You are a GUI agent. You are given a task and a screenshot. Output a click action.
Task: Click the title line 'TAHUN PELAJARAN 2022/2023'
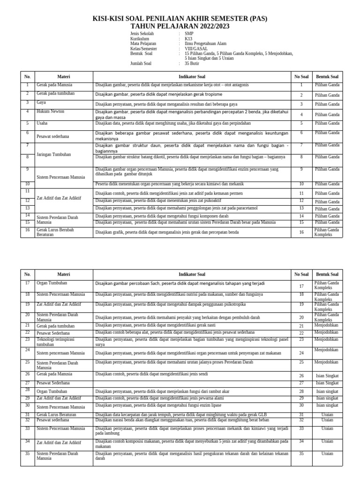pyautogui.click(x=180, y=26)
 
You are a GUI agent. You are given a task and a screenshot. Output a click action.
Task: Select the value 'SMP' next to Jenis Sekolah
pyautogui.click(x=189, y=34)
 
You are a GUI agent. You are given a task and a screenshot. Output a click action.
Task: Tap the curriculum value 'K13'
pyautogui.click(x=188, y=39)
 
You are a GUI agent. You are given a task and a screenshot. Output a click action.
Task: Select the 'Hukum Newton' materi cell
pyautogui.click(x=50, y=112)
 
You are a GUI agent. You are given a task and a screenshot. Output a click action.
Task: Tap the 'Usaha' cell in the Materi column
pyautogui.click(x=42, y=123)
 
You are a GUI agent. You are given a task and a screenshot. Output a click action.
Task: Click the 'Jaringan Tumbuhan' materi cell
pyautogui.click(x=54, y=154)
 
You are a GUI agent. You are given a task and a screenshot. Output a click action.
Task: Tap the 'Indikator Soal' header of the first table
pyautogui.click(x=192, y=76)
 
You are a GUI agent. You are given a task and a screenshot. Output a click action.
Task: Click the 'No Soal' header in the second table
pyautogui.click(x=301, y=274)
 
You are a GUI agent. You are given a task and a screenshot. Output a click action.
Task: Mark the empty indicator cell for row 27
pyautogui.click(x=192, y=383)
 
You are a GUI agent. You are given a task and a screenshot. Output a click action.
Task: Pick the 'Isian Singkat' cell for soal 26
pyautogui.click(x=327, y=376)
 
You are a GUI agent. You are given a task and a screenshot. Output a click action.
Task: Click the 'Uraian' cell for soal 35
pyautogui.click(x=327, y=453)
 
